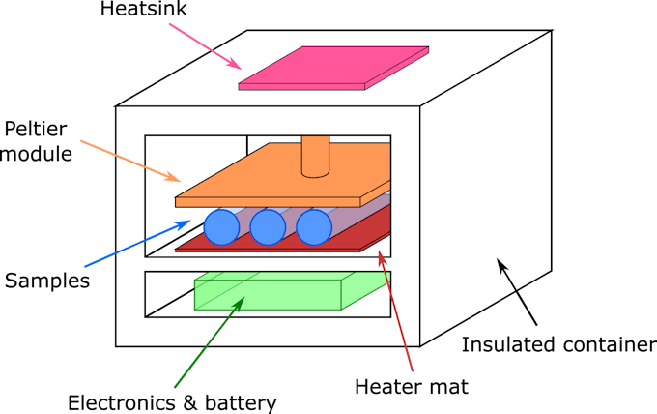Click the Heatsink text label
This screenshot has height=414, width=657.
[x=143, y=9]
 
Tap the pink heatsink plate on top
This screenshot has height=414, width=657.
[x=333, y=68]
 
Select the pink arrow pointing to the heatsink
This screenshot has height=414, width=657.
[x=205, y=46]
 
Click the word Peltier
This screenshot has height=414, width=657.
[x=35, y=130]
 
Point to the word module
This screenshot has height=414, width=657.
[x=37, y=154]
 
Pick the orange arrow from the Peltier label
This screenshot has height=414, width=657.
[x=130, y=162]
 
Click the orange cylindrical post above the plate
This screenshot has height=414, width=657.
[x=315, y=157]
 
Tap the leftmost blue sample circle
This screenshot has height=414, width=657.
[x=221, y=227]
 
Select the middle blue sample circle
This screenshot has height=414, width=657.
[x=268, y=227]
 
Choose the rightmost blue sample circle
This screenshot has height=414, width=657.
[x=314, y=227]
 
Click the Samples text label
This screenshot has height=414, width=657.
[x=47, y=281]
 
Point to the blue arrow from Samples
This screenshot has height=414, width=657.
[x=138, y=244]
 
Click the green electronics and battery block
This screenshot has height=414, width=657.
[x=293, y=291]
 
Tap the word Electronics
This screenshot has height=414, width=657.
[x=122, y=403]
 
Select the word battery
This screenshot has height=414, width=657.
[x=241, y=404]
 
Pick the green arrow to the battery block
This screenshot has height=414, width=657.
[x=210, y=341]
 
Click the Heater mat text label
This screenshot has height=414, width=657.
[x=412, y=387]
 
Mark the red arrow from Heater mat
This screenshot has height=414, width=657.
[x=395, y=310]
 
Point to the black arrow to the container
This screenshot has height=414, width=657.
[x=517, y=292]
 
